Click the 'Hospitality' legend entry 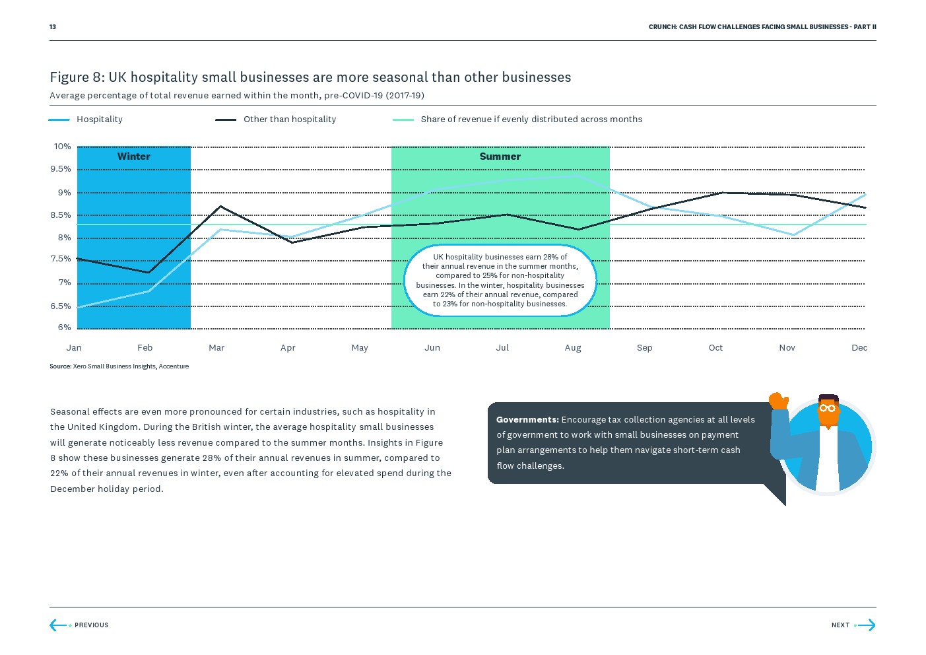[x=99, y=120]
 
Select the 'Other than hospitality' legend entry [x=289, y=120]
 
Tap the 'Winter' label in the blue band [x=133, y=156]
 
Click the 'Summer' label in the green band [x=500, y=156]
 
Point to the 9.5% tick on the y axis [x=61, y=169]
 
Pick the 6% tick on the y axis [x=64, y=327]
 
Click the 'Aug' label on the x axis [x=573, y=348]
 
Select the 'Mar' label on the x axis [x=216, y=348]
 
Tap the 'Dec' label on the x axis [x=859, y=348]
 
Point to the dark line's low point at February [x=149, y=272]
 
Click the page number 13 [x=53, y=27]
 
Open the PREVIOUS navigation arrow [x=58, y=625]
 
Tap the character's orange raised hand [x=779, y=400]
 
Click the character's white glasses [x=827, y=408]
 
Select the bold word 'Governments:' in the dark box [x=527, y=420]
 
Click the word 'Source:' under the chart [x=60, y=366]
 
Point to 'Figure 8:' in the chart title [x=77, y=77]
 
